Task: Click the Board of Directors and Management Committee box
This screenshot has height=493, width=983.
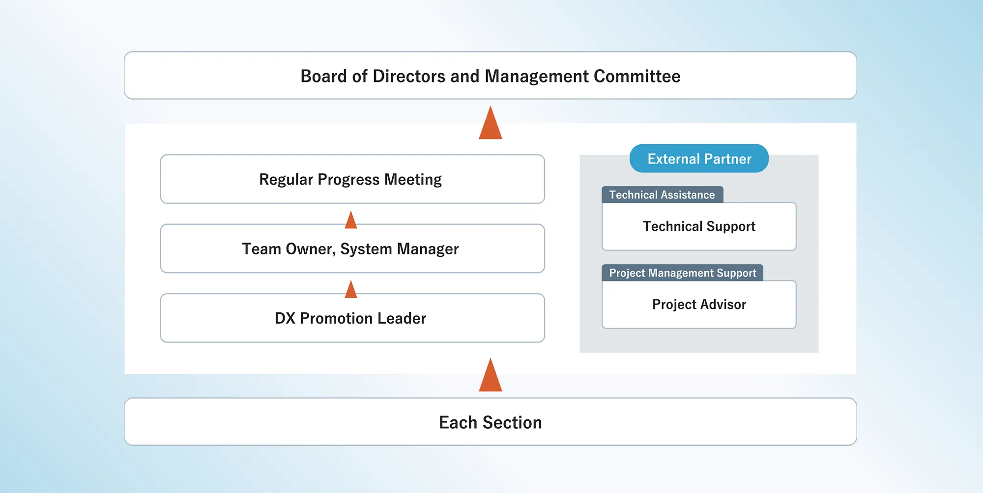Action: coord(491,76)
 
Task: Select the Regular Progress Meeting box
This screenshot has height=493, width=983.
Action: coord(352,179)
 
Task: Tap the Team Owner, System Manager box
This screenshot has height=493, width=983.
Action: coord(352,248)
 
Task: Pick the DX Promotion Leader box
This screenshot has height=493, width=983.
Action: coord(352,318)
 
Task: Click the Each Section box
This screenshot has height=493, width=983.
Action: coord(491,422)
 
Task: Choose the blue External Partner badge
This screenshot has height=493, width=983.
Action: coord(699,158)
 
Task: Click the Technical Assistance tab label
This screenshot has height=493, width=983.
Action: coord(662,194)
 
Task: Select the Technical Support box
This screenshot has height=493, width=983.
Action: coord(699,226)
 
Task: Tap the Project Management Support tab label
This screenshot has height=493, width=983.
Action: coord(682,273)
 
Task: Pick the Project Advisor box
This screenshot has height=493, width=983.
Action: coord(699,304)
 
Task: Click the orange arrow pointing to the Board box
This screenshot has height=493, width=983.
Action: coord(491,122)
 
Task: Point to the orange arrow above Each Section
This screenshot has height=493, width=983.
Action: coord(491,375)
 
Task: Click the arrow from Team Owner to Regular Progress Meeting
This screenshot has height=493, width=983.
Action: coord(351,220)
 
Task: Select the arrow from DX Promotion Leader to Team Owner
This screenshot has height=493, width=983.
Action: coord(351,289)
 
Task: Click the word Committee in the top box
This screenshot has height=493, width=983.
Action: coord(637,76)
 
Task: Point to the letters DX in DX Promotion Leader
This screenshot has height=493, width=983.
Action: coord(285,318)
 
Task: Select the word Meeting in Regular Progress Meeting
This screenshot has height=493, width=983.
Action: coord(413,180)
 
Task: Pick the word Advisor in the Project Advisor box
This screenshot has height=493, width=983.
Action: coord(723,304)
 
